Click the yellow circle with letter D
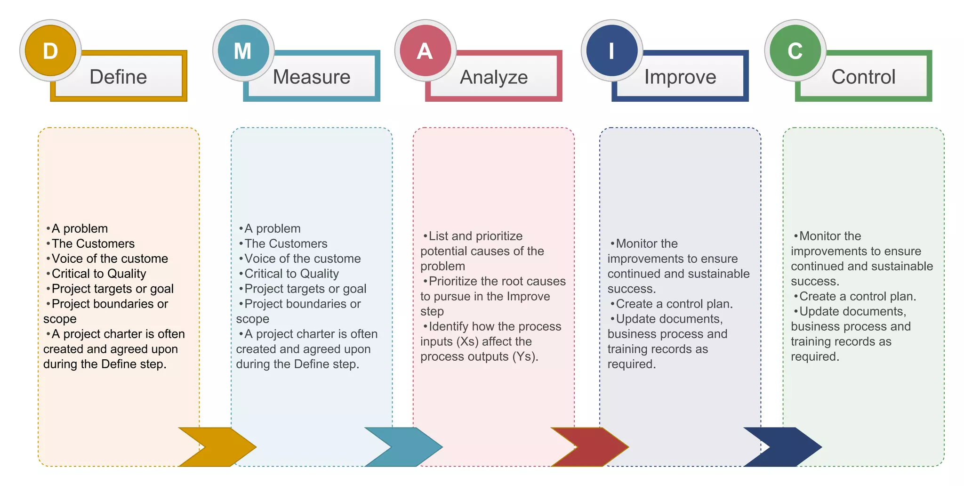(x=50, y=50)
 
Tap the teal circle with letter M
(x=243, y=50)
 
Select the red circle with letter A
(x=425, y=50)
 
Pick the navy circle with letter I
(x=611, y=50)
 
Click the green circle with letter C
(x=795, y=50)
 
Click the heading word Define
(x=118, y=77)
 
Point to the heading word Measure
(x=312, y=77)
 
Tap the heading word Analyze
(x=494, y=77)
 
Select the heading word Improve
(x=680, y=77)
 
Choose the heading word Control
(x=863, y=77)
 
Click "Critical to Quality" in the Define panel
(x=99, y=274)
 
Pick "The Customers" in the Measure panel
(x=286, y=243)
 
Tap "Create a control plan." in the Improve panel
(x=674, y=304)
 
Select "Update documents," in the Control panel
(x=852, y=311)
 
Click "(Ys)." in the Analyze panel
(x=525, y=356)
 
